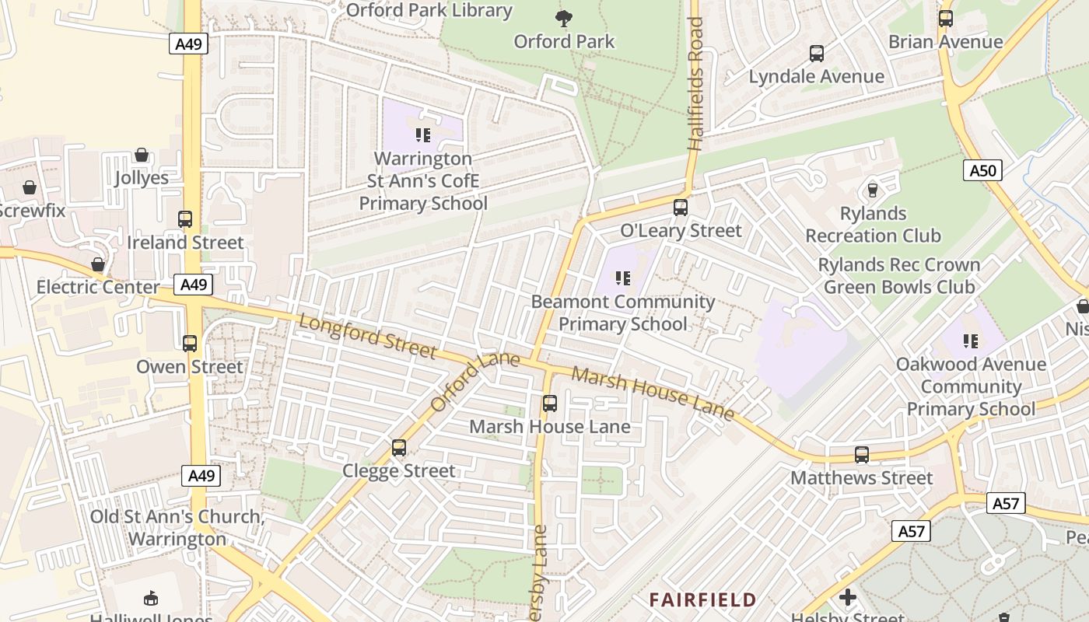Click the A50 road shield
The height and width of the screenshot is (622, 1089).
click(982, 170)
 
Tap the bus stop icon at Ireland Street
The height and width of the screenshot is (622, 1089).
click(185, 219)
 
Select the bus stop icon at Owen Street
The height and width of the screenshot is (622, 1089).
click(190, 343)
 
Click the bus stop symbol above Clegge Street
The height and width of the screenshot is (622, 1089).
click(399, 448)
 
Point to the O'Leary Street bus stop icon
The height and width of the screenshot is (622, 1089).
click(681, 208)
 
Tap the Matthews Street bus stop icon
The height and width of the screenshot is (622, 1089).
click(862, 455)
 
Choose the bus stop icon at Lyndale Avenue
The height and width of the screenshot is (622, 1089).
click(817, 54)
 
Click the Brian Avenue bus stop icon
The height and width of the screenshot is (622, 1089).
click(946, 19)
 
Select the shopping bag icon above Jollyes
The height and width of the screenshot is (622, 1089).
click(142, 155)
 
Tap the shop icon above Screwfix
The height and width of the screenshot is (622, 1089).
click(30, 187)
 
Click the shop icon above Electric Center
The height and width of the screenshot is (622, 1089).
click(98, 264)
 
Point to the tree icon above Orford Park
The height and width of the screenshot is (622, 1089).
click(564, 18)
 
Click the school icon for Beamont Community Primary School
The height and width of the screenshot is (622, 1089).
click(622, 278)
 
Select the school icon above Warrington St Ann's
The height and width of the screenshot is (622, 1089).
click(423, 135)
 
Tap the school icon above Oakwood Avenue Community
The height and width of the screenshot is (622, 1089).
click(971, 341)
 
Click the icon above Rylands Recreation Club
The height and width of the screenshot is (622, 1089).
click(873, 190)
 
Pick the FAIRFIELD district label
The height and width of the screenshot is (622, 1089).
click(702, 599)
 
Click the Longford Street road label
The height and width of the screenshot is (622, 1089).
click(368, 337)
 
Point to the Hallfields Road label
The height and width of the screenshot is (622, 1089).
click(695, 84)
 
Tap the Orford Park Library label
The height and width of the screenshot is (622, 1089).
click(429, 10)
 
